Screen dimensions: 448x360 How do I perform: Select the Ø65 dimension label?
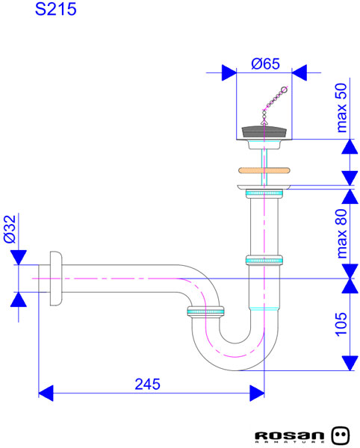265,64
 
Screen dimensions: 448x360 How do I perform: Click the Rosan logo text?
290,435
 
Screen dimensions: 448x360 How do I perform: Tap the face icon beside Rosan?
340,434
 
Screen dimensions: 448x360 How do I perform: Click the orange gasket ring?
264,169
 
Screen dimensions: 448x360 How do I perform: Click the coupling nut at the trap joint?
205,311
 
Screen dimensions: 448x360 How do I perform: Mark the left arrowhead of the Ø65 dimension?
228,72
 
